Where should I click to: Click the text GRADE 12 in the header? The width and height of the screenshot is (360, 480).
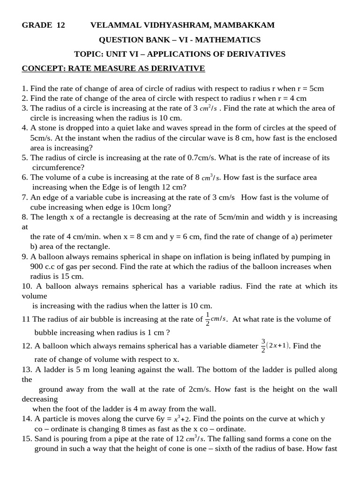pos(43,25)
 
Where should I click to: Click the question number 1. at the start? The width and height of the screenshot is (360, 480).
pos(25,88)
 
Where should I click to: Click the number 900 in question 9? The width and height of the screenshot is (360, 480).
pos(37,266)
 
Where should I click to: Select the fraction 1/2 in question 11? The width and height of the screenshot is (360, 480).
pos(208,319)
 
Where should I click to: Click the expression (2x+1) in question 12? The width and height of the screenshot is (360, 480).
pos(279,346)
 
